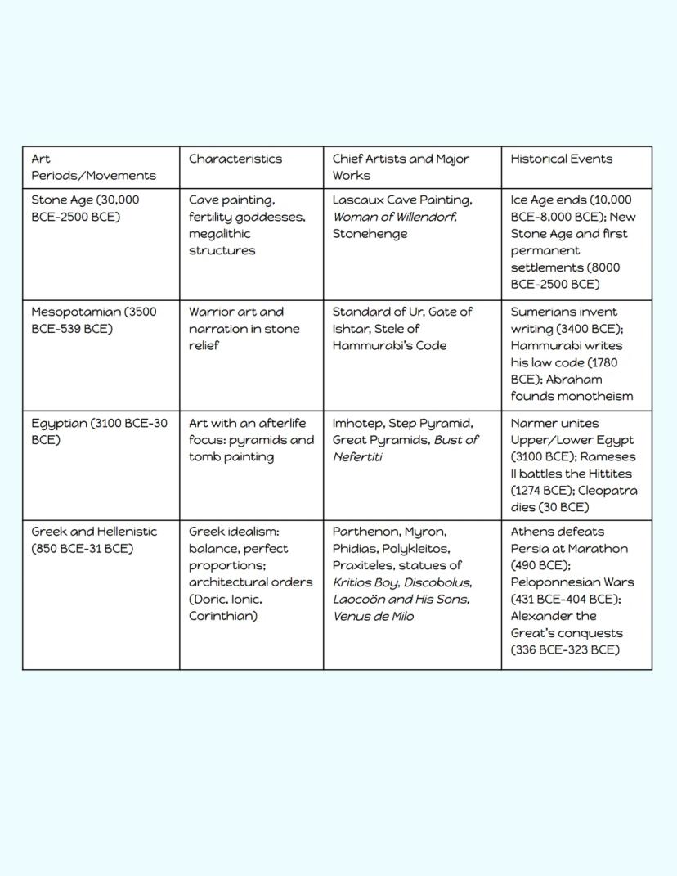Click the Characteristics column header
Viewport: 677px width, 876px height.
coord(235,159)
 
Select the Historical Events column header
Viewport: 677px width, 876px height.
coord(561,159)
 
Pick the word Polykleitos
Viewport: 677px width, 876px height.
coord(419,549)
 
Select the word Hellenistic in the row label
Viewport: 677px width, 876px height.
coord(128,532)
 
